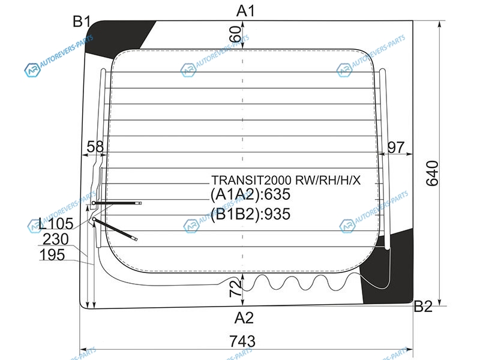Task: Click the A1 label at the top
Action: point(246,10)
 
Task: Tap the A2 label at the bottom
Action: point(244,317)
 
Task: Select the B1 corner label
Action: point(82,22)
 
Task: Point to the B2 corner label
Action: point(423,307)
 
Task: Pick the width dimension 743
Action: point(242,341)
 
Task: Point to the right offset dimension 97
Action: point(397,146)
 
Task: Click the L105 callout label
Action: point(55,224)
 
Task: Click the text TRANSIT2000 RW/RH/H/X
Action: point(286,179)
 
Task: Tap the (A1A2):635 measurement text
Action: point(250,194)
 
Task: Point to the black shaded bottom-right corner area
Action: point(393,270)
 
